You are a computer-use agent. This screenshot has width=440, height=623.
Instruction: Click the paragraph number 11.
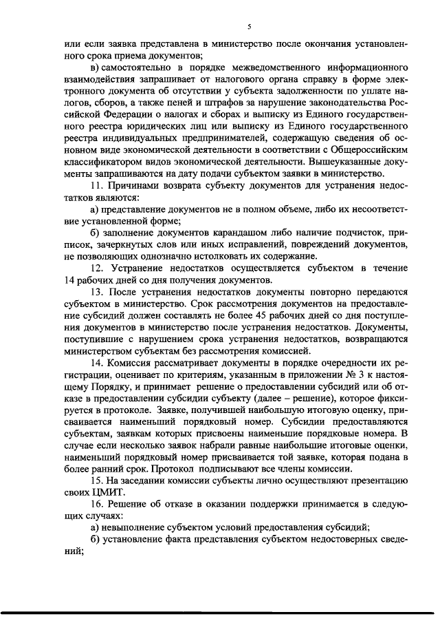click(x=96, y=187)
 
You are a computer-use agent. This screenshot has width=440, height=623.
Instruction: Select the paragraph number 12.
click(x=96, y=267)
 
